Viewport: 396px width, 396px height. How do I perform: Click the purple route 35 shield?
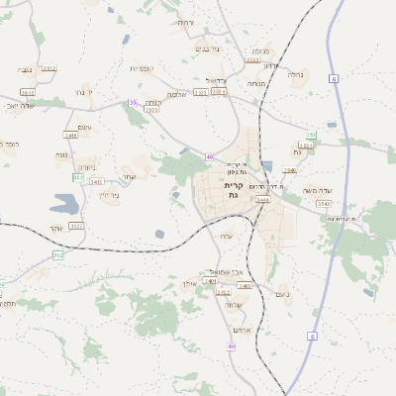133,102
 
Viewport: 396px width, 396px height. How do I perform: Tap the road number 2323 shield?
152,110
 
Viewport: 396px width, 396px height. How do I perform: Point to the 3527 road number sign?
76,227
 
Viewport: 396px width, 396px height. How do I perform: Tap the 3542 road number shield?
324,203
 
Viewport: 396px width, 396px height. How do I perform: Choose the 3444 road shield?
262,200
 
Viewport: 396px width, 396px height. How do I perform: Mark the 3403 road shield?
246,285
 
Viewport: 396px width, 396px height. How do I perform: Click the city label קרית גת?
234,190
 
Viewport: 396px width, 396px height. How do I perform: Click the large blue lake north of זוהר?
63,204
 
